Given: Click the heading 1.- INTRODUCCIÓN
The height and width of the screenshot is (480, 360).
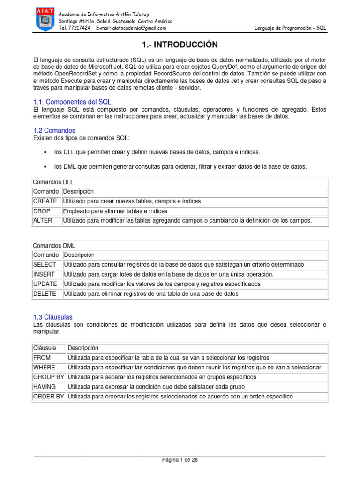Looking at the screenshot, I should click(180, 45).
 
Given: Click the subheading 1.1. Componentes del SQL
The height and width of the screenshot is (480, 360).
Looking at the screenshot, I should click(72, 102).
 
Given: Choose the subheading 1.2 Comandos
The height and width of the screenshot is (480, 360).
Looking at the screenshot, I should click(54, 130).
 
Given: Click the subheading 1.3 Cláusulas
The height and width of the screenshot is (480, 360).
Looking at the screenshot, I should click(53, 317).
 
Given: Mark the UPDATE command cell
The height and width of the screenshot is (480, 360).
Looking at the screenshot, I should click(45, 284).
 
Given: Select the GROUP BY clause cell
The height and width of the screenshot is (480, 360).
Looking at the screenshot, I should click(49, 377).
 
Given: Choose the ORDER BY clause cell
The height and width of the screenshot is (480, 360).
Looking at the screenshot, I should click(49, 397).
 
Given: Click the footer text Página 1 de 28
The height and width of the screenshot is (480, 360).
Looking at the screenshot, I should click(180, 460).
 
